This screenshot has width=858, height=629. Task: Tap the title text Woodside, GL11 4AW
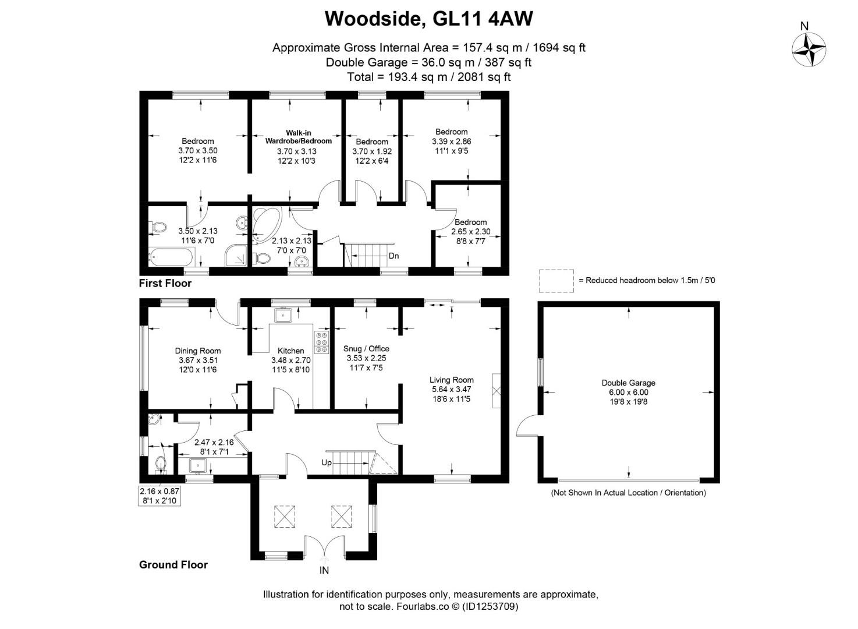click(x=428, y=19)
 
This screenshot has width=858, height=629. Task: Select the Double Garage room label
click(x=628, y=383)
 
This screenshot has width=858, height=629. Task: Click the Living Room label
click(x=451, y=380)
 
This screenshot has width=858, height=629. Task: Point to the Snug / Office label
click(x=366, y=348)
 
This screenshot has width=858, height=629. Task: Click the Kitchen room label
click(x=290, y=351)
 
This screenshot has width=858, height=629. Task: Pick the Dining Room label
click(x=198, y=351)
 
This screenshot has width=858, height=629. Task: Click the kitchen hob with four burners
click(x=321, y=342)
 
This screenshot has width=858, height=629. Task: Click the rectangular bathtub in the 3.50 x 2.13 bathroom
click(x=171, y=257)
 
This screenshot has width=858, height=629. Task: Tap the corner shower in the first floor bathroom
click(x=237, y=255)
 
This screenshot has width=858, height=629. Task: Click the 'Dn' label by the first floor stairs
click(x=393, y=256)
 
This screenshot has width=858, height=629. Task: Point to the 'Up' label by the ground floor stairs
click(x=327, y=462)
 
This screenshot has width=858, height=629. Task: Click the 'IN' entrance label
click(x=324, y=570)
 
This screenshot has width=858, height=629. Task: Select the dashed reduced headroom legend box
click(x=556, y=281)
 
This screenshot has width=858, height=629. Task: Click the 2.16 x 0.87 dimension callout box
click(x=159, y=496)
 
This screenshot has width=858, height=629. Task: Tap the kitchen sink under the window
click(x=283, y=315)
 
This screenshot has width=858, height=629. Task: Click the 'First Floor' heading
click(x=165, y=284)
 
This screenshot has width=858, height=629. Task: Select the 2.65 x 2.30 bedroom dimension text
click(x=470, y=231)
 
